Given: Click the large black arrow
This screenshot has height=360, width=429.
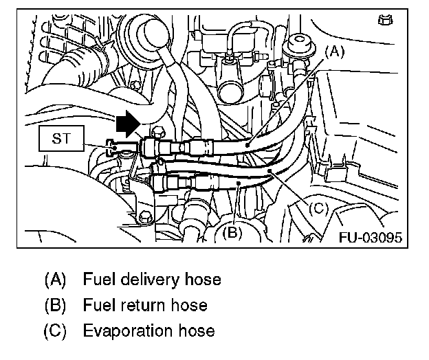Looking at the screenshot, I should click(127, 125).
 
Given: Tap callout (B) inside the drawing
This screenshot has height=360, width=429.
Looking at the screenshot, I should click(231, 232).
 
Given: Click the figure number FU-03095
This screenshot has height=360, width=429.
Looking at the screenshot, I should click(371, 238).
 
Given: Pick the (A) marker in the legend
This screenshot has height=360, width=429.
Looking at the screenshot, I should click(56, 280).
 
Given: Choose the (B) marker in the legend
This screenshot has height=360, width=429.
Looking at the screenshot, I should click(56, 304).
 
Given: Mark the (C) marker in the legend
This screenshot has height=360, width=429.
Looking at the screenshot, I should click(56, 330).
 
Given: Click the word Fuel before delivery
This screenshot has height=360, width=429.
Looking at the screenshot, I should click(96, 280).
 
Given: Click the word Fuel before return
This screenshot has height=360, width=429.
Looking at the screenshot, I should click(96, 304).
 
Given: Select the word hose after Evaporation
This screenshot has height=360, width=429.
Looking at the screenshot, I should click(198, 330).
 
